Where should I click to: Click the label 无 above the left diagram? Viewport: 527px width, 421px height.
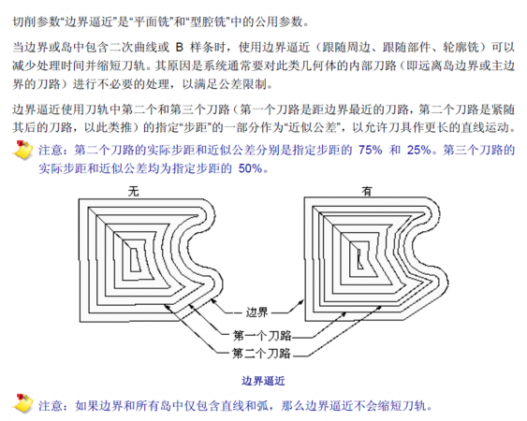[x=134, y=192]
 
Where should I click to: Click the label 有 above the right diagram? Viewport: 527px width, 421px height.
[x=367, y=192]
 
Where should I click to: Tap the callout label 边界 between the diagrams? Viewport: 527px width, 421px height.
[x=257, y=312]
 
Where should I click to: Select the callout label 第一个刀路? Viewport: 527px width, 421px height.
[x=262, y=335]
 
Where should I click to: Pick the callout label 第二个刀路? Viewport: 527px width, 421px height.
[x=261, y=353]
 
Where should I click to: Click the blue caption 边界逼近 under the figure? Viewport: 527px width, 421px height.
[x=263, y=381]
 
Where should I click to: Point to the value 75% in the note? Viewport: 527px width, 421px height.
[x=371, y=150]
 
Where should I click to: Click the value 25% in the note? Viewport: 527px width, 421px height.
[x=419, y=150]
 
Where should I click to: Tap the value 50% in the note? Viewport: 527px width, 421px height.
[x=250, y=168]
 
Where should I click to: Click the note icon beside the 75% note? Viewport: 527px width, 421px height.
[x=22, y=150]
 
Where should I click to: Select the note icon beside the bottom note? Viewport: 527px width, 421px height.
[x=22, y=403]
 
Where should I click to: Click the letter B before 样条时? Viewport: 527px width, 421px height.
[x=180, y=48]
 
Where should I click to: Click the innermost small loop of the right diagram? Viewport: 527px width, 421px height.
[x=359, y=259]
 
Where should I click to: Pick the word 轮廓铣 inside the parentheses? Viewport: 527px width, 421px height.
[x=461, y=48]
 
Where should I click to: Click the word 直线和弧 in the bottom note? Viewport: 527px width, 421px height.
[x=244, y=406]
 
